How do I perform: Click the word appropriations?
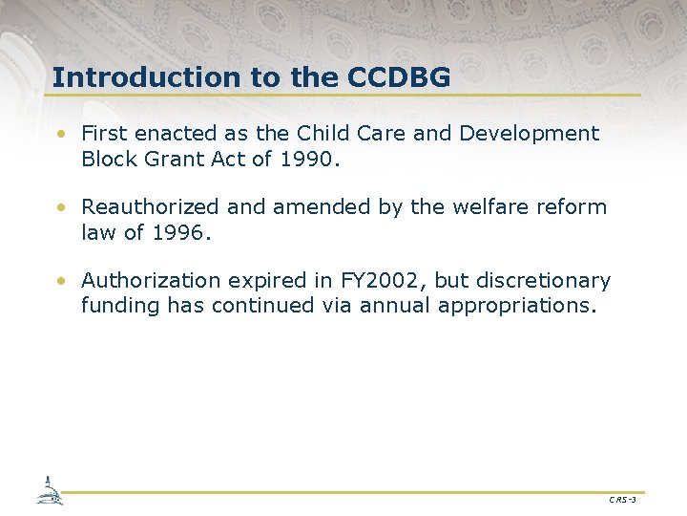pyautogui.click(x=515, y=307)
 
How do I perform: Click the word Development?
pyautogui.click(x=530, y=134)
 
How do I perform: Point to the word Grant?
pyautogui.click(x=179, y=160)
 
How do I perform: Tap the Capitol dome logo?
pyautogui.click(x=50, y=491)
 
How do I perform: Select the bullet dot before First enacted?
pyautogui.click(x=60, y=135)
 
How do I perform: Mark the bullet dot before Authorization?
pyautogui.click(x=60, y=282)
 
